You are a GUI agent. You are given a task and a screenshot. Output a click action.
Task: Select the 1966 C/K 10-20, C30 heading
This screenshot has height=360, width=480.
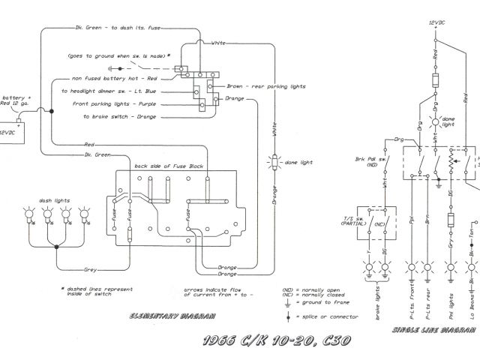pyautogui.click(x=274, y=342)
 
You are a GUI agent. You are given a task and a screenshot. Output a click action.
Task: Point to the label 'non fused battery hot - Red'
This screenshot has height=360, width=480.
pyautogui.click(x=115, y=78)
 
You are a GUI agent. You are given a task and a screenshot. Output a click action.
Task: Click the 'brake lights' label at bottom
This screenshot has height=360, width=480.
pyautogui.click(x=376, y=292)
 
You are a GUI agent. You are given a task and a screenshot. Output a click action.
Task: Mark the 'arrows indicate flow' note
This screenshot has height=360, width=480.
pyautogui.click(x=214, y=289)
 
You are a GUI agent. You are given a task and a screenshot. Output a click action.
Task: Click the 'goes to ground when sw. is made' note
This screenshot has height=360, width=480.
pyautogui.click(x=117, y=55)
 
